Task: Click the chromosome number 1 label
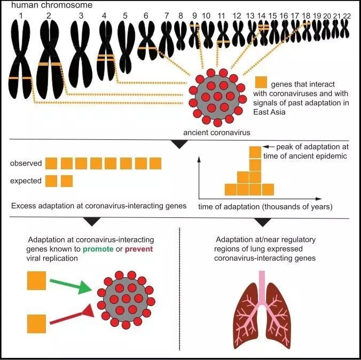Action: (21, 15)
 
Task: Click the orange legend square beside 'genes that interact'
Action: (261, 83)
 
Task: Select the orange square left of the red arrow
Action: (36, 323)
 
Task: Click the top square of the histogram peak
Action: (255, 152)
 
